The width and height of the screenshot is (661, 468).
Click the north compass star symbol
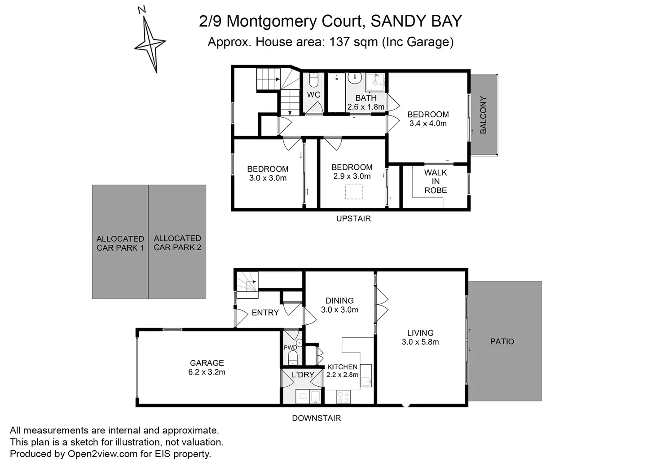pos(150,44)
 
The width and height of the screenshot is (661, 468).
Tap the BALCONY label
pos(483,115)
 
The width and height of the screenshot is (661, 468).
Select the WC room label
pos(313,95)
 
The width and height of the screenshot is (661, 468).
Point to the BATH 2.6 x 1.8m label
pos(366,102)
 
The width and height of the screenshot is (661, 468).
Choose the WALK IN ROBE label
pos(436,181)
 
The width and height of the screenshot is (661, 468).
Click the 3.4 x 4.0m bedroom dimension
pos(428,124)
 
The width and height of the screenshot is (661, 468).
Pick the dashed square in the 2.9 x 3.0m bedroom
pos(353,192)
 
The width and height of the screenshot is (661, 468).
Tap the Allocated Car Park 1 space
pos(120,243)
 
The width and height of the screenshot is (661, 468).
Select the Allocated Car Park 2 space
pos(177,243)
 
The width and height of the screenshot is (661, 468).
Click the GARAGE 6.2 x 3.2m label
pos(207,367)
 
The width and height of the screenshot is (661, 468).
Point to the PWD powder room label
pos(290,348)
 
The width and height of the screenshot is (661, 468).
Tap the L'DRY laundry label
pos(303,375)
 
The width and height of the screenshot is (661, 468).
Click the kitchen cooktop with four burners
pos(344,397)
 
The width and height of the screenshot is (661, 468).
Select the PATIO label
pos(502,341)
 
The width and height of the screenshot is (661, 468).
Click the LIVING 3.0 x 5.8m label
pos(420,337)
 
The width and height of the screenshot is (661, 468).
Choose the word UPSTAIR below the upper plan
pos(353,219)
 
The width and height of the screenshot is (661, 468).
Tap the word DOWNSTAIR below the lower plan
pos(316,418)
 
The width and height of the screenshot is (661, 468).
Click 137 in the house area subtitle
pos(339,42)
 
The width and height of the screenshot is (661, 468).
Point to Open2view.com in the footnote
pos(102,454)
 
